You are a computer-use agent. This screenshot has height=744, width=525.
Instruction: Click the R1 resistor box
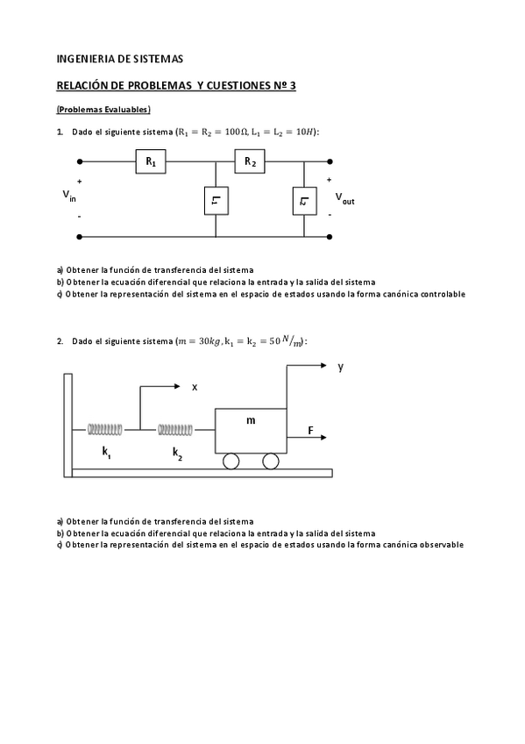coord(151,162)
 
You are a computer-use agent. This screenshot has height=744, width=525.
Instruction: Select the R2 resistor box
coord(251,162)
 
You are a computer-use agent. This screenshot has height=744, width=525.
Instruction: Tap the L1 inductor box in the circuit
coord(215,202)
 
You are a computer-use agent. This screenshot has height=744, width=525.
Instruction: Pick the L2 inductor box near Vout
coord(304,202)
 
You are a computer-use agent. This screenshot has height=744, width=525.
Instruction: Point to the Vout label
coord(344,199)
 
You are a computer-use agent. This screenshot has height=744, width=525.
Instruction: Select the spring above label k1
coord(105,429)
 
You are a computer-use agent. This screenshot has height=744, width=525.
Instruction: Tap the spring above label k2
coord(175,429)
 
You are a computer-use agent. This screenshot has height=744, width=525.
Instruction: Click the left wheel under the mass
coord(231,461)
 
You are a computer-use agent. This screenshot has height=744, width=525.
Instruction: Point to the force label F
coord(310,430)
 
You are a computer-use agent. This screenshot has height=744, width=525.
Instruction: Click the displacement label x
coord(195,387)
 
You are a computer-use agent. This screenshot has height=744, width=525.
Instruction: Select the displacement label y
coord(340,368)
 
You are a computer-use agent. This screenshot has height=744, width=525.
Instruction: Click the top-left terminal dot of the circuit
coord(81,162)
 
